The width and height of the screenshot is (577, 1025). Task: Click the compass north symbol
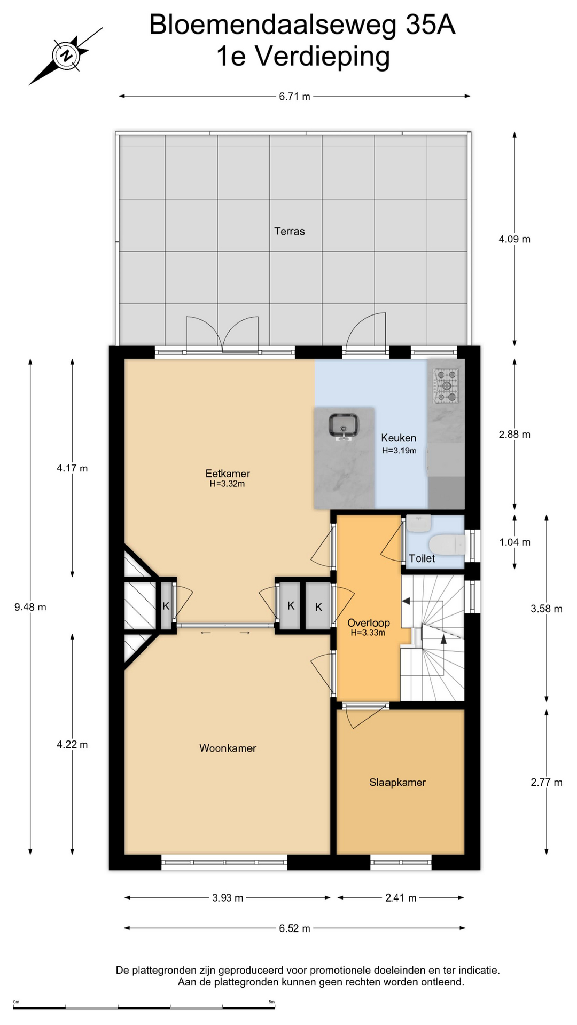[x=66, y=56]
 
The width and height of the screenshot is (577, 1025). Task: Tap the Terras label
[x=290, y=231]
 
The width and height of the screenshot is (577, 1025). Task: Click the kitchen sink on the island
[x=344, y=427]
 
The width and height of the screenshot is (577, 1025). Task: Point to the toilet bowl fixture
[x=448, y=545]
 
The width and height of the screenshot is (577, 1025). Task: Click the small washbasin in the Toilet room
[x=418, y=523]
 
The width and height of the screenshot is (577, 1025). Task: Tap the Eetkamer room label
[x=228, y=474]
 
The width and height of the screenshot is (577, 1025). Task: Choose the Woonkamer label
[x=228, y=748]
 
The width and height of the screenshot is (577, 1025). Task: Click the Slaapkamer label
[x=397, y=783]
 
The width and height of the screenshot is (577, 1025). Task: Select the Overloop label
[x=369, y=623]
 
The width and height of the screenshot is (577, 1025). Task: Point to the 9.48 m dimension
[x=30, y=607]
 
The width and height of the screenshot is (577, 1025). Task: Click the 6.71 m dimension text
[x=294, y=97]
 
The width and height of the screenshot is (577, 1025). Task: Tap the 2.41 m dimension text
[x=401, y=898]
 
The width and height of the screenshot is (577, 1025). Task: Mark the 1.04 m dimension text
[x=515, y=542]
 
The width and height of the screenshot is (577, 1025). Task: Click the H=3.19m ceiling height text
[x=399, y=451]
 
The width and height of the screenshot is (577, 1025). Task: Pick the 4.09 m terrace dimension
[x=514, y=239]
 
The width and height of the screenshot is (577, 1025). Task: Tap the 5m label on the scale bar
[x=272, y=1002]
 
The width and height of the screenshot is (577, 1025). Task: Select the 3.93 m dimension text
[x=228, y=898]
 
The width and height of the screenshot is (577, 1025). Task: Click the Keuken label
[x=399, y=438]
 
